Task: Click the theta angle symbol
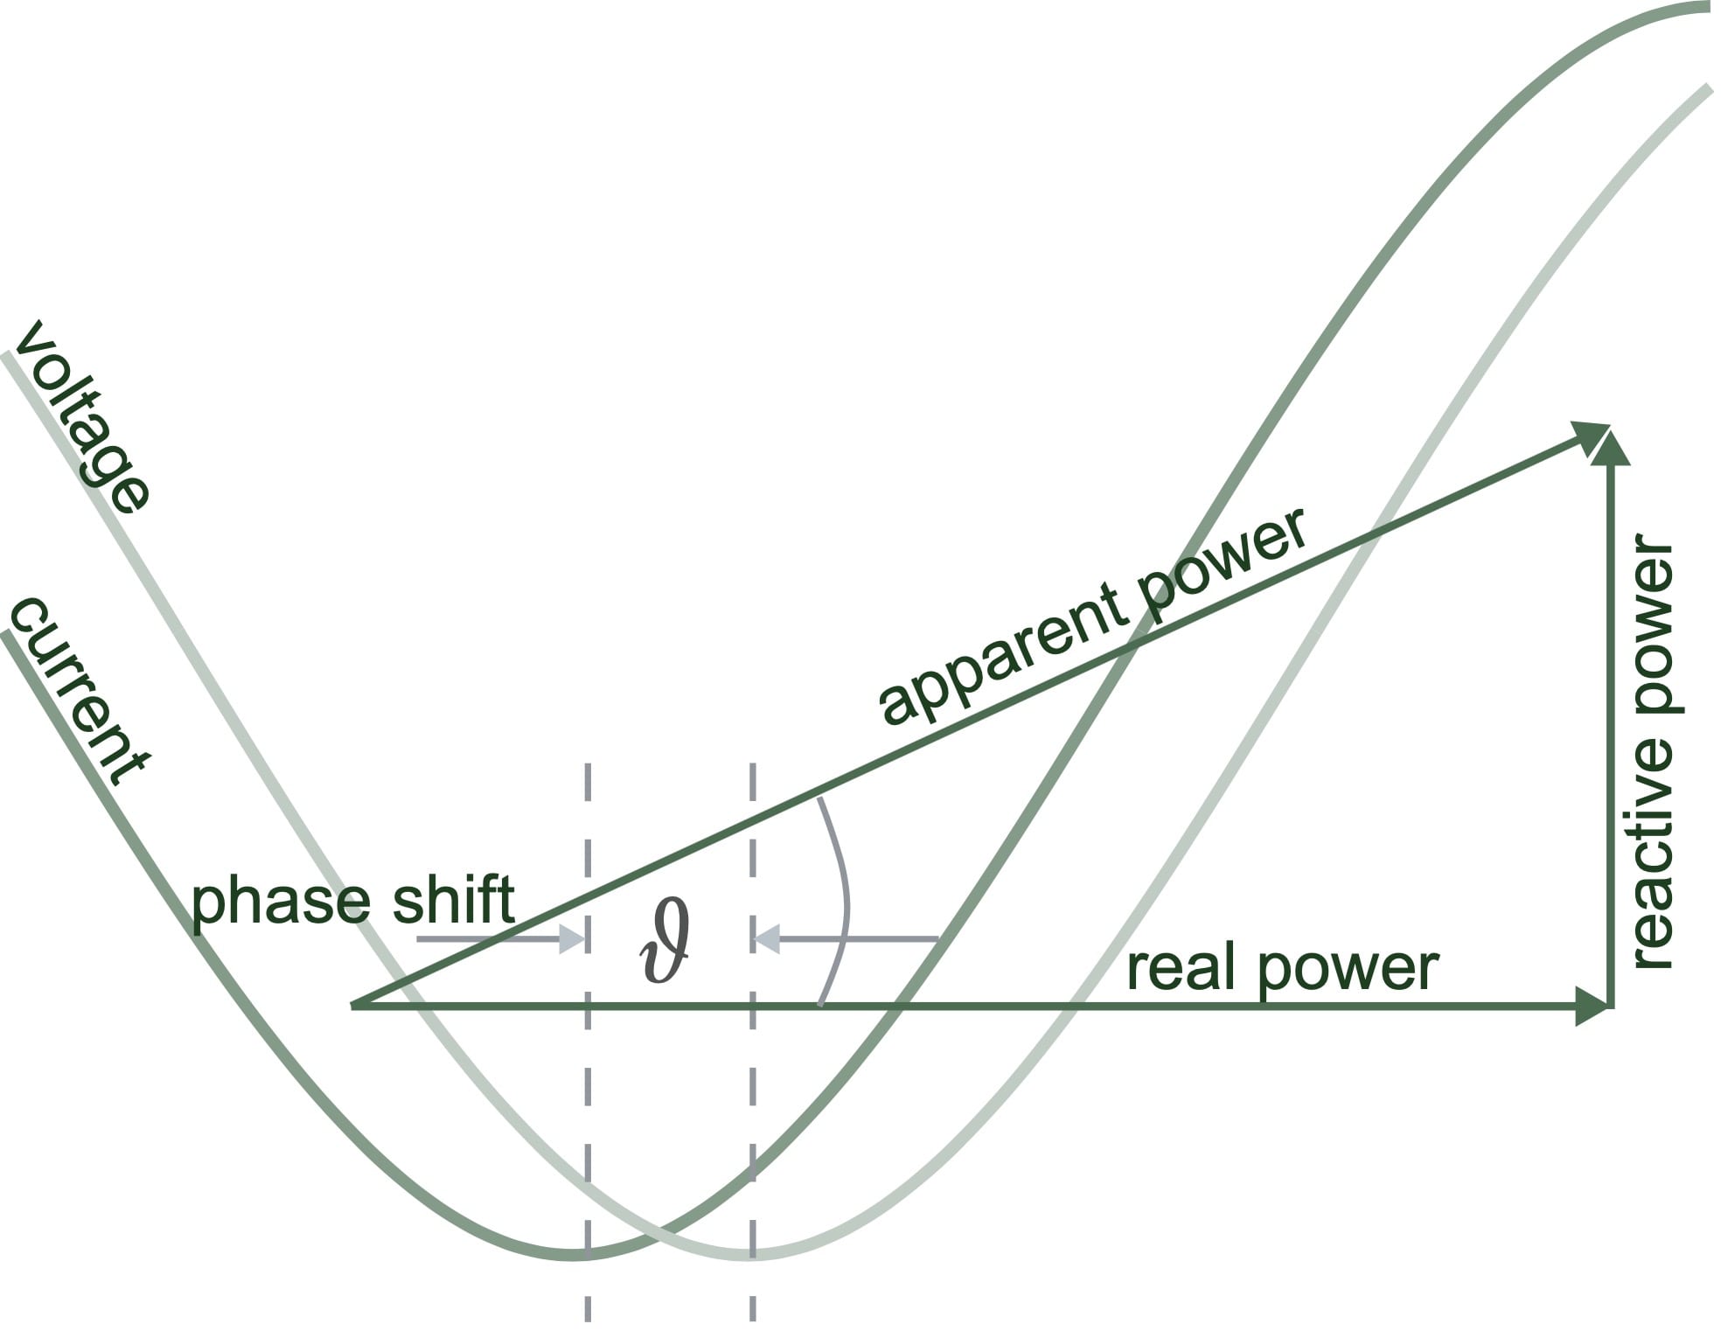pyautogui.click(x=665, y=944)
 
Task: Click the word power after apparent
pyautogui.click(x=1224, y=568)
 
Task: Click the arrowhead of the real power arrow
pyautogui.click(x=1593, y=1007)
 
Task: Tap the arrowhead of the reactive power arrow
pyautogui.click(x=1611, y=446)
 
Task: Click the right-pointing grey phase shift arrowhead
pyautogui.click(x=572, y=939)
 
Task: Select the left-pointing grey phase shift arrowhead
pyautogui.click(x=766, y=939)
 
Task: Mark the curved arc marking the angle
pyautogui.click(x=843, y=901)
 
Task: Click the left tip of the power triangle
pyautogui.click(x=354, y=1006)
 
